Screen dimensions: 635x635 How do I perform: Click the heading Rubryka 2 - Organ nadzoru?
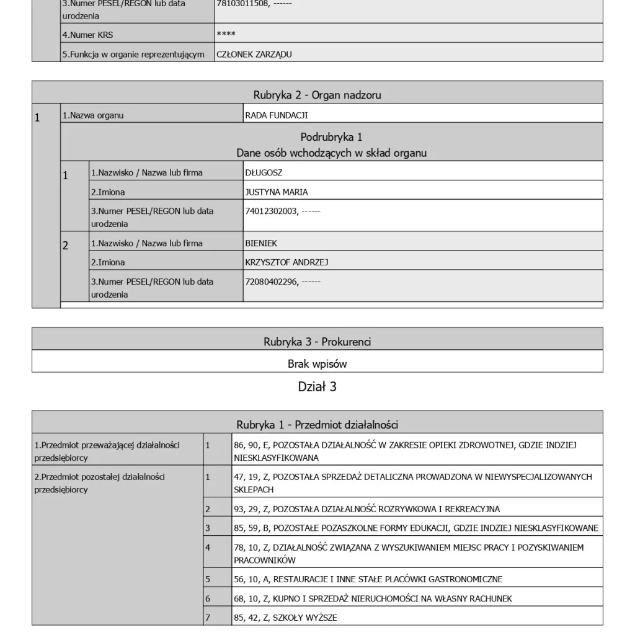pyautogui.click(x=317, y=95)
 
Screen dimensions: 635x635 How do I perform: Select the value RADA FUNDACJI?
pyautogui.click(x=277, y=115)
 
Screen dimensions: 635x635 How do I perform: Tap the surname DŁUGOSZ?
pyautogui.click(x=264, y=173)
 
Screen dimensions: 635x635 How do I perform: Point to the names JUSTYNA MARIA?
pyautogui.click(x=277, y=192)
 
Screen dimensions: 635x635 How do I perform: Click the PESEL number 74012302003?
pyautogui.click(x=271, y=211)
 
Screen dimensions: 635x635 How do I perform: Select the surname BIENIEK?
pyautogui.click(x=261, y=244)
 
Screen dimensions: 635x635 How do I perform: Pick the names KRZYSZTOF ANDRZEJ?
pyautogui.click(x=286, y=262)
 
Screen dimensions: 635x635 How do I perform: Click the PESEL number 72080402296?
pyautogui.click(x=271, y=282)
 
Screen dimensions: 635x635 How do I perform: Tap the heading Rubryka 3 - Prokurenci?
pyautogui.click(x=317, y=342)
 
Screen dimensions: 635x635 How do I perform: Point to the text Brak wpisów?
pyautogui.click(x=317, y=364)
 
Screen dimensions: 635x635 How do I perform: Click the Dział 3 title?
pyautogui.click(x=317, y=387)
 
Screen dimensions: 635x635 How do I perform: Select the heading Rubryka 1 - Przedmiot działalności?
pyautogui.click(x=317, y=425)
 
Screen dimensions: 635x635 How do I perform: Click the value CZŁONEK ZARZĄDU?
pyautogui.click(x=254, y=55)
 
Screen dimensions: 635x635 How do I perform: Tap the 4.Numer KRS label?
pyautogui.click(x=87, y=35)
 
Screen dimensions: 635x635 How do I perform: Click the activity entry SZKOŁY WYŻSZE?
pyautogui.click(x=285, y=618)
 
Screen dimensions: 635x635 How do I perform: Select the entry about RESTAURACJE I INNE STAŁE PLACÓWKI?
pyautogui.click(x=368, y=579)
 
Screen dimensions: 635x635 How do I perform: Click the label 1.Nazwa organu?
pyautogui.click(x=92, y=115)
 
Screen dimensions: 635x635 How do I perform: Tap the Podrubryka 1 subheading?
pyautogui.click(x=331, y=137)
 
